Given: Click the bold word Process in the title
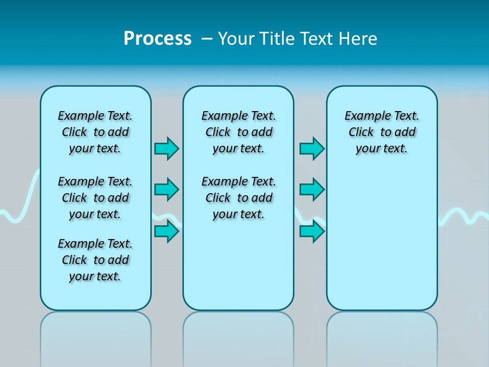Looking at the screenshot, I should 157,39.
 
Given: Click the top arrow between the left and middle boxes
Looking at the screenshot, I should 167,148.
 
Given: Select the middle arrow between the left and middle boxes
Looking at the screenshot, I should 167,190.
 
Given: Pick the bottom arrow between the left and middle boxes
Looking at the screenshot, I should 167,231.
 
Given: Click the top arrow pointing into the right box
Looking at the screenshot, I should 312,148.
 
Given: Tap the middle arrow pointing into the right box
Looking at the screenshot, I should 312,190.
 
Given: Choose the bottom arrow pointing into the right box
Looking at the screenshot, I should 312,231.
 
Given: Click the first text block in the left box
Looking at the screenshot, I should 95,132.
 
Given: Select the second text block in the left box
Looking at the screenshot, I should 95,198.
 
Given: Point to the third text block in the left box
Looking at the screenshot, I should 95,260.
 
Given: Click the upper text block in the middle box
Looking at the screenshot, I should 238,132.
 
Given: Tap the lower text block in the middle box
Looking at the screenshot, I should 238,198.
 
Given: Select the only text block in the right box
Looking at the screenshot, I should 382,132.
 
